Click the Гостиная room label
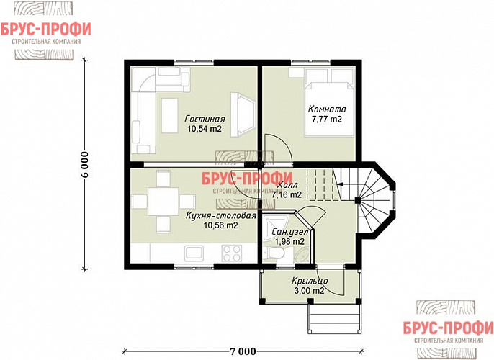tap(205, 119)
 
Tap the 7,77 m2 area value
tap(327, 119)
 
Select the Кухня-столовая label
tap(220, 216)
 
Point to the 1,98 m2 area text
tap(289, 242)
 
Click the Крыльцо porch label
tap(310, 281)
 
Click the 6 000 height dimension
tap(85, 165)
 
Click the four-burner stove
tap(232, 253)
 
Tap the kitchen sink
tap(194, 253)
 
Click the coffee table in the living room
tap(170, 115)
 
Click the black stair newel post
tap(358, 200)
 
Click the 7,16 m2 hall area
tap(287, 195)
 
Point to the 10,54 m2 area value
tap(205, 128)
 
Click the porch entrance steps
tap(334, 318)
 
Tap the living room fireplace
tap(243, 114)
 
